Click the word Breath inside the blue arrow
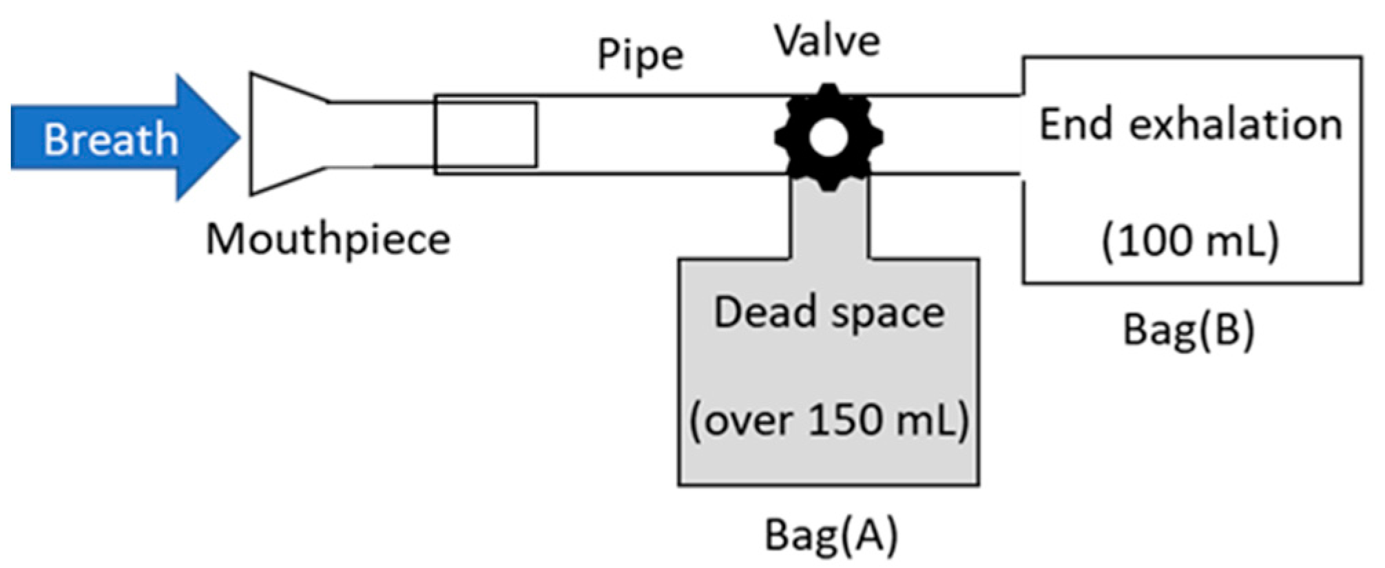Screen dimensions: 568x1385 click(111, 139)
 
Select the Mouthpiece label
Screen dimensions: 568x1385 click(328, 240)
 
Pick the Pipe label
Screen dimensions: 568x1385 click(640, 54)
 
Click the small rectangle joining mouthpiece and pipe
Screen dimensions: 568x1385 click(486, 134)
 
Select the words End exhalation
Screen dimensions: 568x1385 click(1191, 125)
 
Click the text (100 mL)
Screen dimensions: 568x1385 click(1191, 241)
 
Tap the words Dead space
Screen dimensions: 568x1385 click(829, 313)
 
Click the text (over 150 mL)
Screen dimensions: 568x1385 click(829, 419)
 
